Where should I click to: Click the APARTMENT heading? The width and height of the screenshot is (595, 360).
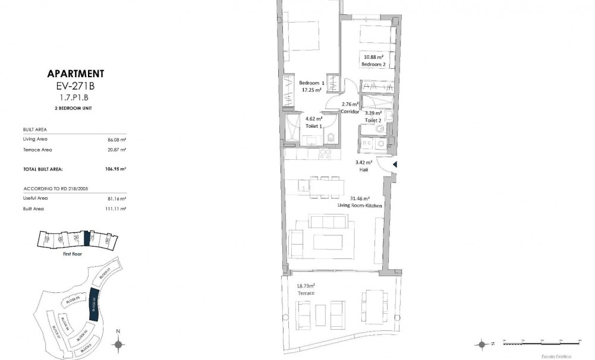75,74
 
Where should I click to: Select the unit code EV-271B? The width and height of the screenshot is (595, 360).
75,86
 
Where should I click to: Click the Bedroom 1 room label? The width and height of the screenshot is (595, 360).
311,83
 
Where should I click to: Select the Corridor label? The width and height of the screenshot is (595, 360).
349,111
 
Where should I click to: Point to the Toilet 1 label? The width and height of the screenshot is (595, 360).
313,125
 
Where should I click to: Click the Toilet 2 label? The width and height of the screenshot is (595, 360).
373,120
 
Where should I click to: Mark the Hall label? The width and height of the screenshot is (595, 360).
364,169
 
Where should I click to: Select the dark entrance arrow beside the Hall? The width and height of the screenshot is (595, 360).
393,165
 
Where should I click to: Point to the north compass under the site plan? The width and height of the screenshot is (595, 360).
118,343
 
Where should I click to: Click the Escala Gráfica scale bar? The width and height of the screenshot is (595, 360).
541,343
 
